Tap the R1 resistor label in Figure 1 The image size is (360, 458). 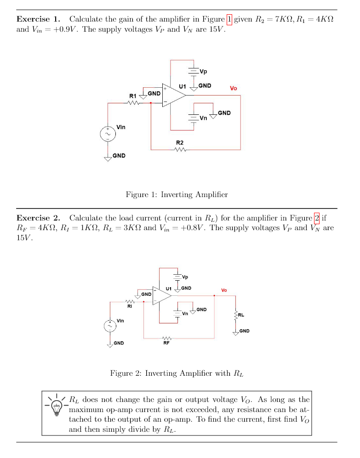[x=132, y=96]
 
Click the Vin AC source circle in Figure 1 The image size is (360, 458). [x=108, y=133]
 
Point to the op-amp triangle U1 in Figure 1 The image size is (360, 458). [x=173, y=95]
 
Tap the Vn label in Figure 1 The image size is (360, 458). [x=203, y=118]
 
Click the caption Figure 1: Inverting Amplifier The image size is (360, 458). [x=177, y=194]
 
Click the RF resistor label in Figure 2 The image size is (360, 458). [x=166, y=342]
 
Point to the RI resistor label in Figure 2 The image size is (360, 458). [x=130, y=305]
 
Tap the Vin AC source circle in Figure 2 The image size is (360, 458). [x=110, y=326]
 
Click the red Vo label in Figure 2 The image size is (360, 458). [x=224, y=290]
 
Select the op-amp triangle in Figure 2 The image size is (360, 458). [x=161, y=295]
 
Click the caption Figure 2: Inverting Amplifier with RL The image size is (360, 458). [x=177, y=373]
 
